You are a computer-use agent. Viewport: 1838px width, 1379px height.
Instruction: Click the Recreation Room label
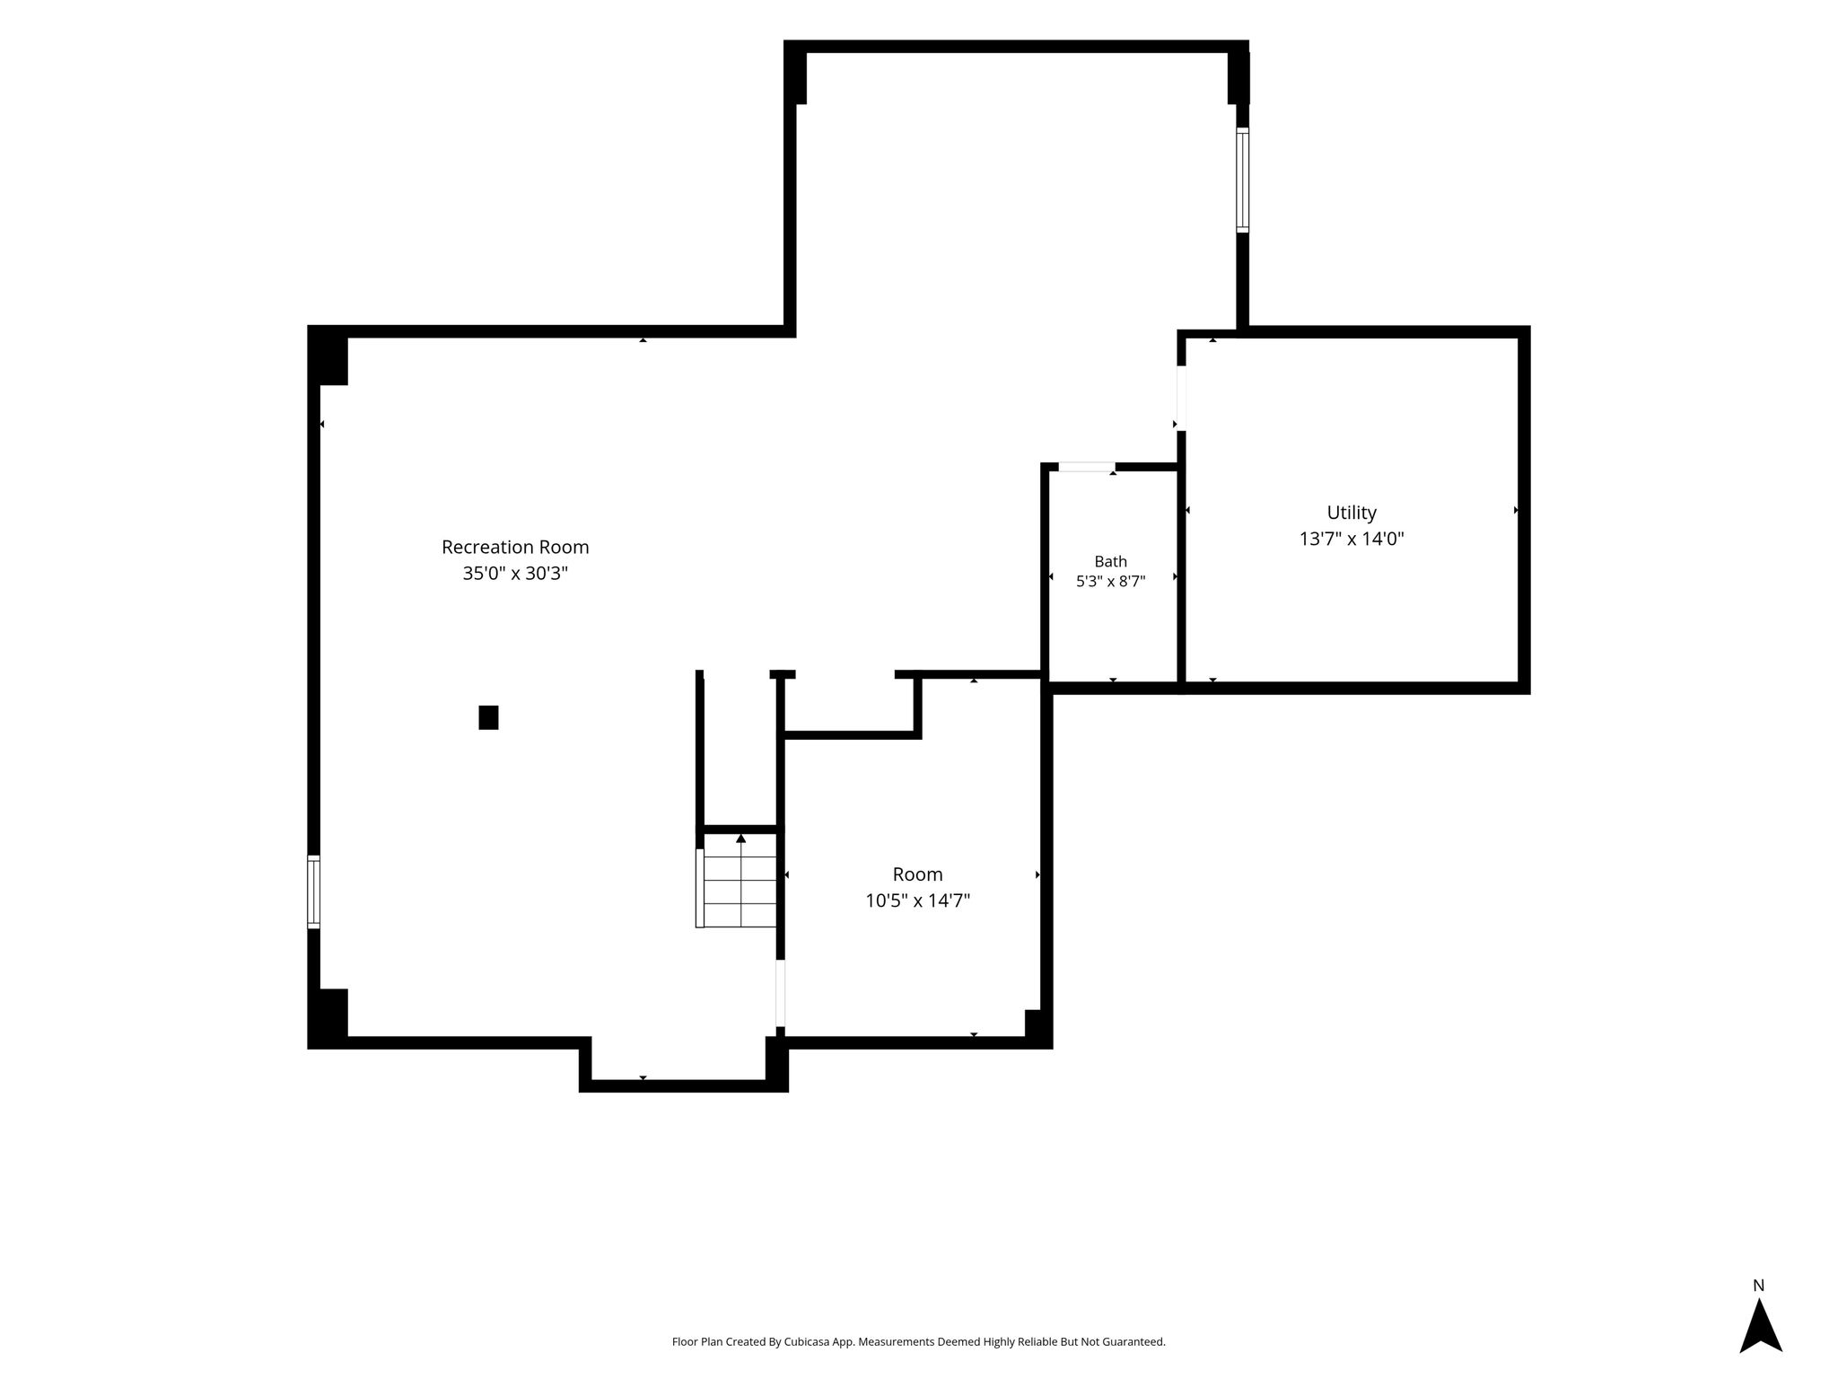pyautogui.click(x=515, y=547)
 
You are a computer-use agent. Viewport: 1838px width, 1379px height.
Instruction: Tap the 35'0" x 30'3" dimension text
pyautogui.click(x=515, y=573)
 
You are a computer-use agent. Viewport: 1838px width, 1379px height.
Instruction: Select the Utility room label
pyautogui.click(x=1352, y=513)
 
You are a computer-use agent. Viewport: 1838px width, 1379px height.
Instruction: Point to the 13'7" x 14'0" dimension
pyautogui.click(x=1352, y=539)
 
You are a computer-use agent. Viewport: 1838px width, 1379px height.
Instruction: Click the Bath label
pyautogui.click(x=1110, y=561)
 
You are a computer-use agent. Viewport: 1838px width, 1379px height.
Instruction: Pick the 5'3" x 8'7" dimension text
pyautogui.click(x=1110, y=581)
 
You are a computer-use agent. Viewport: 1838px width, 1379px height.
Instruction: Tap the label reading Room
pyautogui.click(x=917, y=874)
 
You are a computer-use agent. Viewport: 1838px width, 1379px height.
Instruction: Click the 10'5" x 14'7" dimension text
pyautogui.click(x=917, y=900)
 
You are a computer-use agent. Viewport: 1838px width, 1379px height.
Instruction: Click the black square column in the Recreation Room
pyautogui.click(x=488, y=717)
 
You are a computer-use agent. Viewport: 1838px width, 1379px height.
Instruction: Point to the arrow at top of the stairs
pyautogui.click(x=740, y=839)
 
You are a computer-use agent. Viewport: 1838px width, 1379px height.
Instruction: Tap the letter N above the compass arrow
pyautogui.click(x=1759, y=1286)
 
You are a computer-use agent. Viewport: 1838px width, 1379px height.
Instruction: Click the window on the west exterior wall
pyautogui.click(x=313, y=892)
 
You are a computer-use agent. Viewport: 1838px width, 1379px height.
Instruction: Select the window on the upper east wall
pyautogui.click(x=1242, y=180)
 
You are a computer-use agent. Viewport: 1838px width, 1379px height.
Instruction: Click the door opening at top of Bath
pyautogui.click(x=1087, y=467)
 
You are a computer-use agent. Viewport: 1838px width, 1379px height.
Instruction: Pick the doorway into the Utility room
pyautogui.click(x=1181, y=398)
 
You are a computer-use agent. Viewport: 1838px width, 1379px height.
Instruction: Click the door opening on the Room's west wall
pyautogui.click(x=781, y=992)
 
